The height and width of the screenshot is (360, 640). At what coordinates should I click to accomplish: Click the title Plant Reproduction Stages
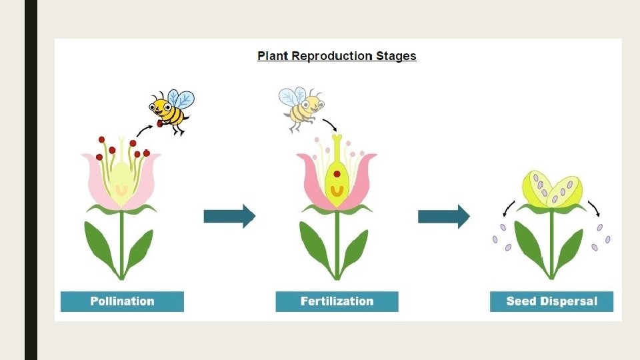(337, 56)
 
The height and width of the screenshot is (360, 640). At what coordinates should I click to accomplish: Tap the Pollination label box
(122, 301)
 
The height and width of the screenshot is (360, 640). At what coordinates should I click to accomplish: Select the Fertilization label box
(337, 301)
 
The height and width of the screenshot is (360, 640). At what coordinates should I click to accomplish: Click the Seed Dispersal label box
(551, 301)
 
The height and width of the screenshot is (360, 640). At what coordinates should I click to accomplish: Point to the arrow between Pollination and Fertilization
(229, 216)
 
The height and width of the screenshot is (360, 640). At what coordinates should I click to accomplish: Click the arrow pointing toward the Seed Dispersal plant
(443, 216)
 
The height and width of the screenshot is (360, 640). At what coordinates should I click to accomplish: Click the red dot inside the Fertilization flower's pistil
(337, 174)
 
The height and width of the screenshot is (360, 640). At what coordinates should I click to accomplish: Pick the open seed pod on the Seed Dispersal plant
(552, 189)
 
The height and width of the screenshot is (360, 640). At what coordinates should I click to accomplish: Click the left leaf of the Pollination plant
(100, 245)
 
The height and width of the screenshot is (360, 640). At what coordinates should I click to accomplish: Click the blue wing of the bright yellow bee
(182, 99)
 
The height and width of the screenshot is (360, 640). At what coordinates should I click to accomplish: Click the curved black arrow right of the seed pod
(595, 208)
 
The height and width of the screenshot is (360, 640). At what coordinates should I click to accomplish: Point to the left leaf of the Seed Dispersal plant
(531, 245)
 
